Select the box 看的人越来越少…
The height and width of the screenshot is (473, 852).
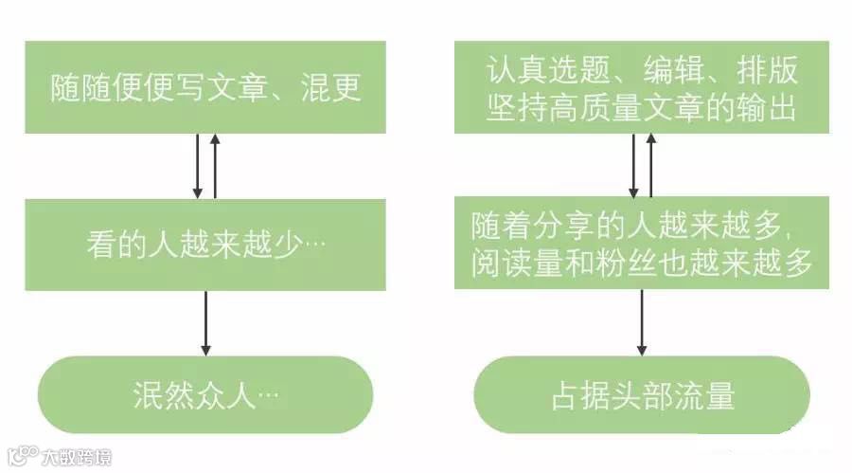pyautogui.click(x=205, y=244)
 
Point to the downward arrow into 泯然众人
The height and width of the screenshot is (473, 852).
pyautogui.click(x=205, y=322)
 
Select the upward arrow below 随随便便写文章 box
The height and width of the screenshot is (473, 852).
pyautogui.click(x=216, y=166)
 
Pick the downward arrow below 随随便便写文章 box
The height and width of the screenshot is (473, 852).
pyautogui.click(x=197, y=166)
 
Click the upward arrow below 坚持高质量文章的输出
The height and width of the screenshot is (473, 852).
pyautogui.click(x=652, y=164)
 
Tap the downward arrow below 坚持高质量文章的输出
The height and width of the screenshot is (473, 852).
pyautogui.click(x=633, y=164)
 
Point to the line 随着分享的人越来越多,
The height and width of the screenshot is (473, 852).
pyautogui.click(x=640, y=226)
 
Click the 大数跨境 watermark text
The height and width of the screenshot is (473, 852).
pyautogui.click(x=76, y=457)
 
